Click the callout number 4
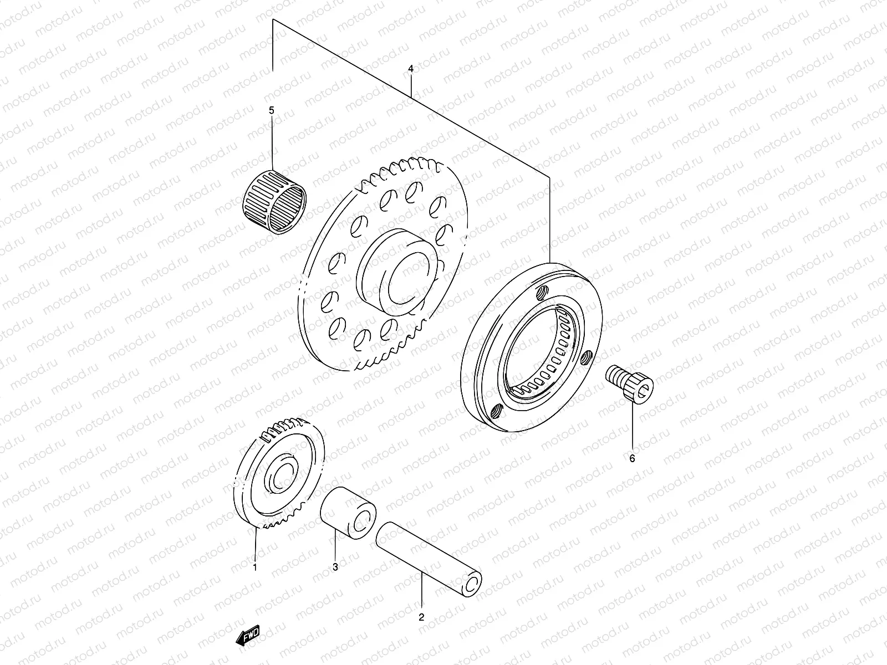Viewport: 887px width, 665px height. (x=410, y=69)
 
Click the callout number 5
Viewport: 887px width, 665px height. (x=272, y=110)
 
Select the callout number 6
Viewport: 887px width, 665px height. (x=632, y=458)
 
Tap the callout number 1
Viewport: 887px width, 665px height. (x=254, y=567)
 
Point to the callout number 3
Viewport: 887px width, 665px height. (x=335, y=567)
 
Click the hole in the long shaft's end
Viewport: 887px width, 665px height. (x=472, y=583)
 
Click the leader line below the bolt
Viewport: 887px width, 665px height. (x=632, y=427)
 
